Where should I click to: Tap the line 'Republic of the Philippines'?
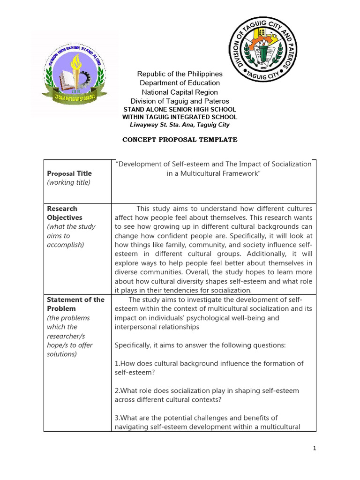tap(180, 74)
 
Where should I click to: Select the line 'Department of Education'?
tap(180, 83)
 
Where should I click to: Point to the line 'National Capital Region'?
tap(180, 92)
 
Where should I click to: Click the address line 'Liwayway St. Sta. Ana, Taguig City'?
tap(180, 125)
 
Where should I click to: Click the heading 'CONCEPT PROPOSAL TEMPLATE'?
tap(180, 140)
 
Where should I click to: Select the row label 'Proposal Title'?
tap(69, 173)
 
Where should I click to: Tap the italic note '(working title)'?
tap(68, 182)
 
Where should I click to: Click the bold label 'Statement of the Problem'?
tap(75, 304)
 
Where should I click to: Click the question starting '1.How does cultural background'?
tap(209, 368)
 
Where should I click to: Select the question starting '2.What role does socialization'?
tap(207, 395)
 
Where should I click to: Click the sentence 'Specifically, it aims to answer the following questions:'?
tap(200, 345)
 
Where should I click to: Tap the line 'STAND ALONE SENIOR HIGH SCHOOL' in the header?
tap(180, 109)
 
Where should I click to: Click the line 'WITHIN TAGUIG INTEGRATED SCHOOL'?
tap(180, 117)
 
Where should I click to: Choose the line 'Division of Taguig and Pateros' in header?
tap(180, 101)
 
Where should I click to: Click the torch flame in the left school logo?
tap(75, 61)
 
